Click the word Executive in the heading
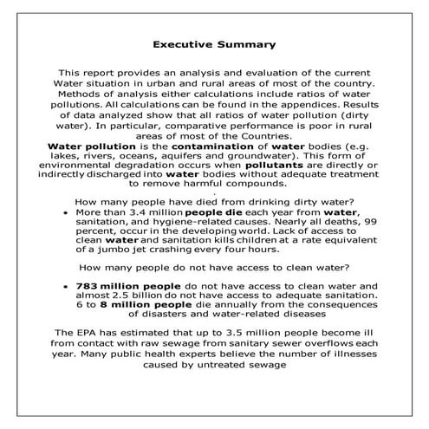[183, 42]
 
